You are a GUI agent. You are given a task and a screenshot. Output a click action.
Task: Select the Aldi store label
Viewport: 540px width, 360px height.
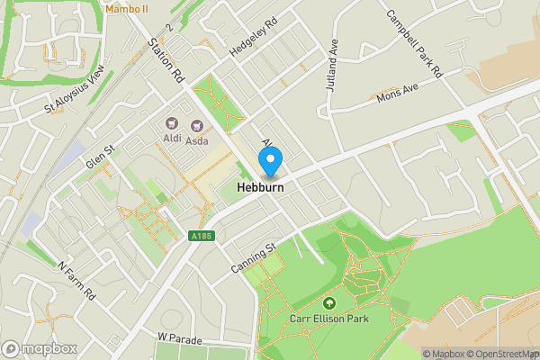(171, 139)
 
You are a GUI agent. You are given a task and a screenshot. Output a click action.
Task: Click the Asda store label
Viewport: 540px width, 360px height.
(196, 139)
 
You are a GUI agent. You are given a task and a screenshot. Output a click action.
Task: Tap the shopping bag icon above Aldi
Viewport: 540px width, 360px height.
(170, 124)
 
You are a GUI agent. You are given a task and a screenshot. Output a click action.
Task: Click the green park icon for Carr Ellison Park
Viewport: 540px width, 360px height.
(328, 303)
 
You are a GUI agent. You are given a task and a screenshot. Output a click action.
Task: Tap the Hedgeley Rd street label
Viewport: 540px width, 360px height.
(254, 38)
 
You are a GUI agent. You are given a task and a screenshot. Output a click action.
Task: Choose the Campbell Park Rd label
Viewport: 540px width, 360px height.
(415, 43)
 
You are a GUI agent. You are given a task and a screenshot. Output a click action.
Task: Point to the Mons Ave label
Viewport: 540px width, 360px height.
(398, 93)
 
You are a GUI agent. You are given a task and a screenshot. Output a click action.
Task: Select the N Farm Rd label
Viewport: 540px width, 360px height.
(76, 282)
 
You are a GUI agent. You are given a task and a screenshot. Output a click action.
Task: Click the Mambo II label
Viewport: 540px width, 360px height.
(126, 8)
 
